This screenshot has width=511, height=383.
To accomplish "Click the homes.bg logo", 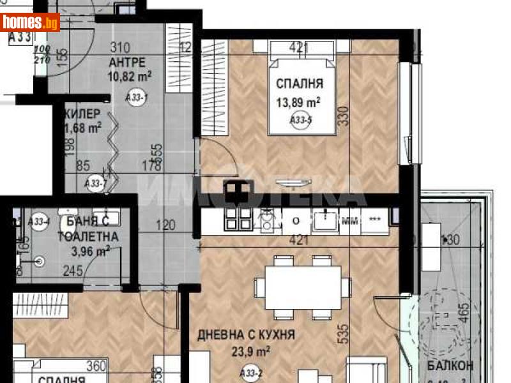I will click(31, 22).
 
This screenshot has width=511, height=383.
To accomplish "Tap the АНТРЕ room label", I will click(128, 62).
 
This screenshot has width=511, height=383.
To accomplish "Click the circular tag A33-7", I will click(95, 183).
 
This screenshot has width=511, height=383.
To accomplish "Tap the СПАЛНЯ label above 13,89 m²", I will click(299, 84).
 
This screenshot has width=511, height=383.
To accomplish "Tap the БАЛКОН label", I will click(450, 366).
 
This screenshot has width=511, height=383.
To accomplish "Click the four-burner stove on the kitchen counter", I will click(238, 218).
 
